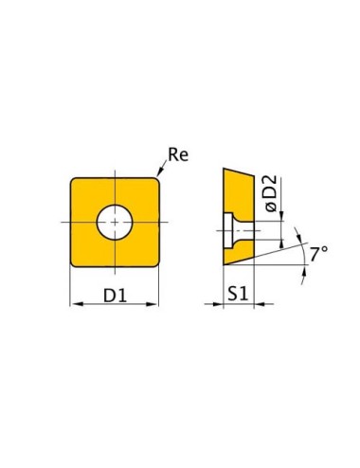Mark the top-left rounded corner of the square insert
[x=75, y=179]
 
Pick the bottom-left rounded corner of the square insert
[x=75, y=262]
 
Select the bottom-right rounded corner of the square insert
[x=154, y=262]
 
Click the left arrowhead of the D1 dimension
[x=75, y=304]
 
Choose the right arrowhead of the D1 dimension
[x=154, y=304]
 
